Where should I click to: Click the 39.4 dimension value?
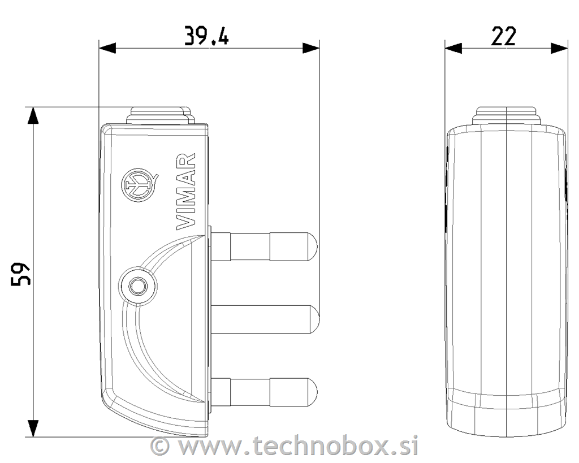click(x=206, y=36)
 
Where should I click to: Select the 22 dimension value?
click(x=503, y=36)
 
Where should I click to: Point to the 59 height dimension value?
click(x=20, y=274)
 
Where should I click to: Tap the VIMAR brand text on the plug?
click(x=185, y=192)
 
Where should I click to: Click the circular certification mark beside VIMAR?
click(x=139, y=185)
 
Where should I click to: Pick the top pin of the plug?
click(x=263, y=246)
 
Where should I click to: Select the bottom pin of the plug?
click(x=263, y=392)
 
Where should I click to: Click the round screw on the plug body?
click(x=138, y=286)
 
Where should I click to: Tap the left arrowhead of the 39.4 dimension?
click(x=107, y=48)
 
